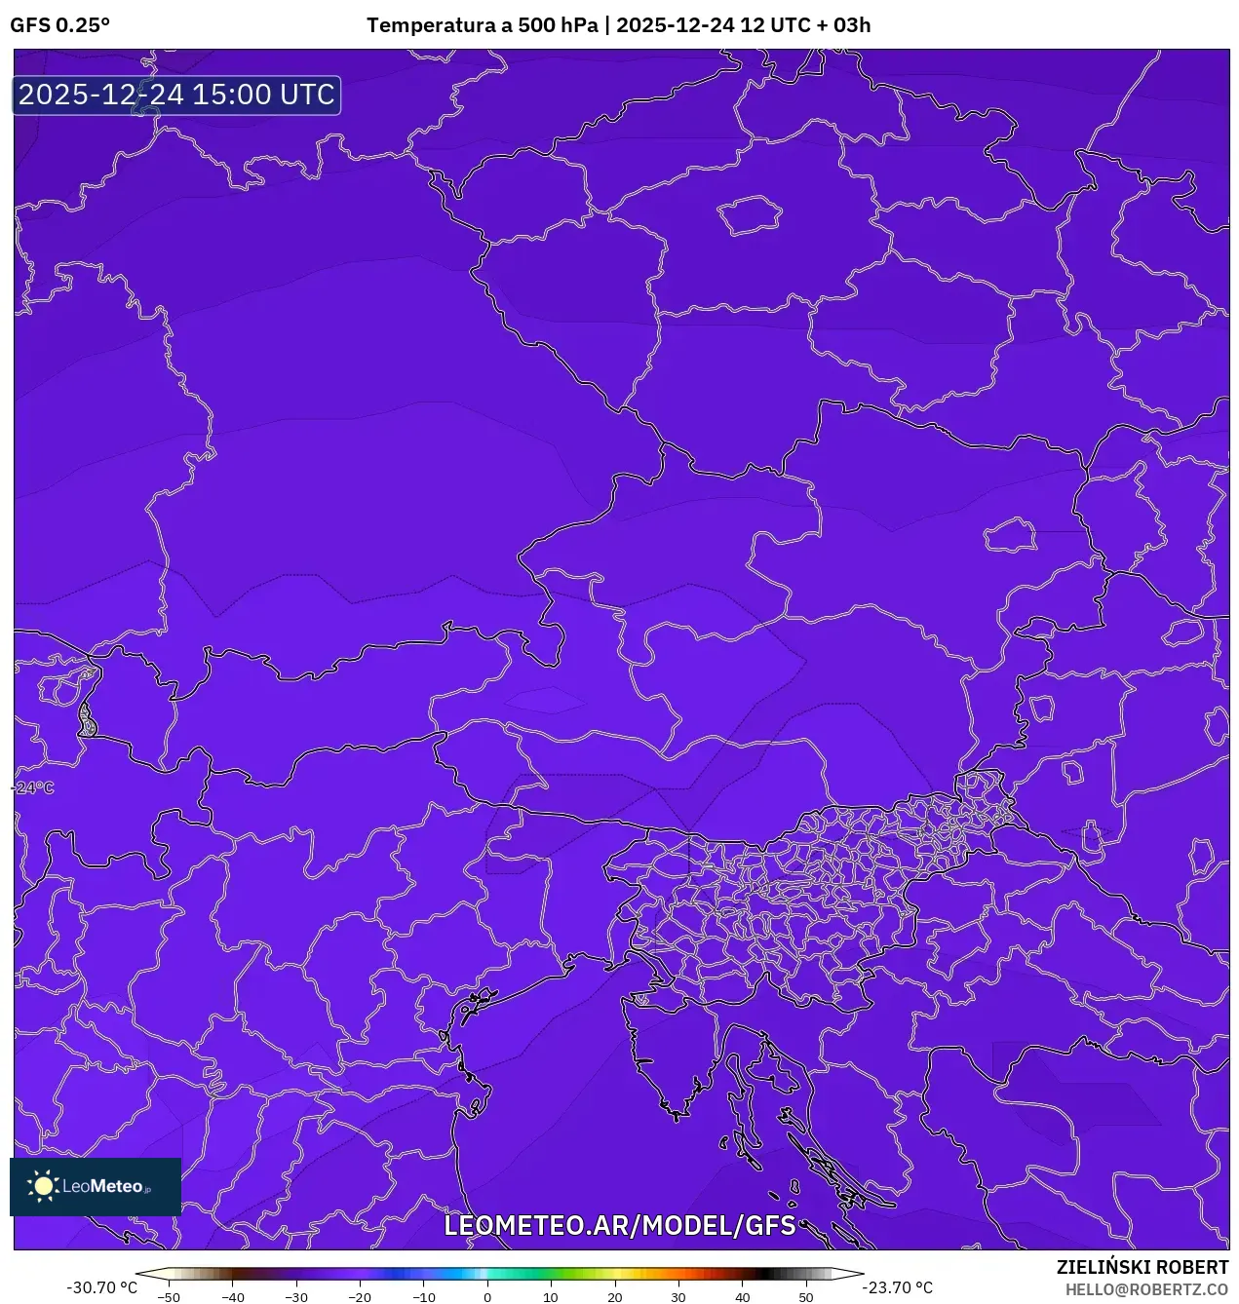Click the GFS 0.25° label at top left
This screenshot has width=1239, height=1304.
click(x=59, y=25)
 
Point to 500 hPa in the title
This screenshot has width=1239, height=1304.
click(x=558, y=25)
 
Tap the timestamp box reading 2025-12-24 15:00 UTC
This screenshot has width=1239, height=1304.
click(x=176, y=96)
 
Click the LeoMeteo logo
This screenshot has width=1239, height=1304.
click(x=96, y=1186)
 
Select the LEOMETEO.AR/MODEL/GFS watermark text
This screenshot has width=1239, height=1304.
click(x=620, y=1225)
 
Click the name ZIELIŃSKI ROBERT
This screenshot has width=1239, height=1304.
click(x=1142, y=1267)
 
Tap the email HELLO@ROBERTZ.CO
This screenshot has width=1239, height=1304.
click(x=1146, y=1289)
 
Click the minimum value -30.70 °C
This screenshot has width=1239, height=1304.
click(x=101, y=1287)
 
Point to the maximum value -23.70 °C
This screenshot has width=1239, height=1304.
click(x=897, y=1287)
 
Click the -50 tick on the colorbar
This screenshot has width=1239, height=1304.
click(x=169, y=1297)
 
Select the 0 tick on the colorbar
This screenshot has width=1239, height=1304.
click(x=487, y=1297)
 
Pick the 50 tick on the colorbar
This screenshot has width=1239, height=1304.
click(x=806, y=1297)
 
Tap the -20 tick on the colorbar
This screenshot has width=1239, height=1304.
click(x=360, y=1297)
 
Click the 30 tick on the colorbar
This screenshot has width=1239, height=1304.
click(x=678, y=1297)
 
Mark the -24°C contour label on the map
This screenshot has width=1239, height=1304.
click(x=34, y=787)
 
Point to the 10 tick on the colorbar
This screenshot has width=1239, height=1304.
click(x=551, y=1297)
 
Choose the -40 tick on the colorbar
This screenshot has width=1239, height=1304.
click(x=232, y=1297)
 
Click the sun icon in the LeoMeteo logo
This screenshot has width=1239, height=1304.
click(x=43, y=1186)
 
